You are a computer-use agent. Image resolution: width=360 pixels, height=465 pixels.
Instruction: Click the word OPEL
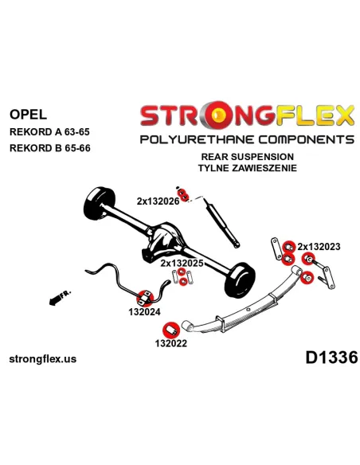pos(28,115)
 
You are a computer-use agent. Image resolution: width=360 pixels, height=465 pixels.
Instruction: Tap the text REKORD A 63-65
pos(49,131)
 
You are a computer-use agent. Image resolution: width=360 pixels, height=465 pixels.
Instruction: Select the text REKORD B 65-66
pos(50,147)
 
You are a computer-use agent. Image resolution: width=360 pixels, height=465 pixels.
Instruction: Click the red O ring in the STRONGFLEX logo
pos(218,114)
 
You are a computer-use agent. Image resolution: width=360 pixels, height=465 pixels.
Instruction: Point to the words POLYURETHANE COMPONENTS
pos(247,139)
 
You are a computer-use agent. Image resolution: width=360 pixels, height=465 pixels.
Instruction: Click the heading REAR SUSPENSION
pos(248,157)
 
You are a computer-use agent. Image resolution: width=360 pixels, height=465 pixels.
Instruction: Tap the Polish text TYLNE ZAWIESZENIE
pos(248,168)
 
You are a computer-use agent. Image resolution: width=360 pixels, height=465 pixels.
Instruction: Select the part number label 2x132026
pos(158,201)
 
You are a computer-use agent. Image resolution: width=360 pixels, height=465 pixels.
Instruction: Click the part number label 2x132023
pos(319,247)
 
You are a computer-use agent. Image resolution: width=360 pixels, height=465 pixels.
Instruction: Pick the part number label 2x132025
pos(182,263)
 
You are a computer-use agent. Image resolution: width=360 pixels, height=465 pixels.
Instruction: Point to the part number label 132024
pos(144,311)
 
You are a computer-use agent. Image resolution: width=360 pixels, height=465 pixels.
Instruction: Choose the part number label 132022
pos(170,343)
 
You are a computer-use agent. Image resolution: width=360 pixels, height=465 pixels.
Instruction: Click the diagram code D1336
pos(331,358)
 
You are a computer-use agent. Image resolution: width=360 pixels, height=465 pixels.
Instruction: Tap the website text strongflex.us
pos(43,359)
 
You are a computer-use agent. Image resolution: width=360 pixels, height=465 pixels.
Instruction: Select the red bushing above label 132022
pos(170,330)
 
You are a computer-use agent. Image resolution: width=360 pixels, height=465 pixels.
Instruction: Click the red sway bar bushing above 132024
pos(144,298)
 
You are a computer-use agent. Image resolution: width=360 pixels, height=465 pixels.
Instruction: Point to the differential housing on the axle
pos(162,240)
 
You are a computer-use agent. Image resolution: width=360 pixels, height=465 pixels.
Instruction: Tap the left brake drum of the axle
pos(100,204)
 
